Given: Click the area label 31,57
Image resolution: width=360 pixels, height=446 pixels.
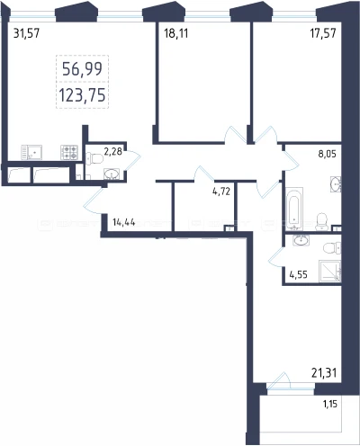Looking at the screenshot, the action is click(x=26, y=33).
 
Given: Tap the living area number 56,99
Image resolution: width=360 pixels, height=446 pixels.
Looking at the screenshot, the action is click(x=82, y=69).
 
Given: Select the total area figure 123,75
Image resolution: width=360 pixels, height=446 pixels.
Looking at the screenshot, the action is click(x=82, y=95).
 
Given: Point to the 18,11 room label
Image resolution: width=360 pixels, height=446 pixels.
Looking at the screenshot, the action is click(x=176, y=33).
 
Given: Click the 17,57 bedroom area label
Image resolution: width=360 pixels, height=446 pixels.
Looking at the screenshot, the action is click(x=323, y=33).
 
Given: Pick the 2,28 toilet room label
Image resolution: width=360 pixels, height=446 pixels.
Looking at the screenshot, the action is click(x=112, y=151).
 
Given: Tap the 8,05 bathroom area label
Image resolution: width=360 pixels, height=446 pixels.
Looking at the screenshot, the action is click(x=327, y=154).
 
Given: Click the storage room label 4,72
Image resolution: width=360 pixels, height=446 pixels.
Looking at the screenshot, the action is click(x=221, y=192).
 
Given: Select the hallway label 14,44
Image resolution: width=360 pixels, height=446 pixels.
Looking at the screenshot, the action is click(x=124, y=222).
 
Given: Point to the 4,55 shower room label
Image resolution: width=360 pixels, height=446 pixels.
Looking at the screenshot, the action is click(x=298, y=274).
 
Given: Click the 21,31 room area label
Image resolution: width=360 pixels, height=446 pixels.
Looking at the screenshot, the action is click(x=324, y=373).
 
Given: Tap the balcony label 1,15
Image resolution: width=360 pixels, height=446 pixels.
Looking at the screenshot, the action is click(x=330, y=404).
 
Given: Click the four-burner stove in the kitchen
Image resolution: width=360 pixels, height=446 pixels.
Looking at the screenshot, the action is click(x=69, y=152).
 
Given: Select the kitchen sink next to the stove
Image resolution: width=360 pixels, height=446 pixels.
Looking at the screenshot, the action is click(x=31, y=152).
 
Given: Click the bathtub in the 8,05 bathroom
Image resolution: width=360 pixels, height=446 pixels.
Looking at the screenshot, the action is click(x=294, y=209).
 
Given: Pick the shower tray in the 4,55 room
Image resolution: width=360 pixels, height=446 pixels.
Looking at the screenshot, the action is click(x=329, y=271).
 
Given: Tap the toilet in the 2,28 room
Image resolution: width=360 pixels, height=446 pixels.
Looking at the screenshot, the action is click(x=94, y=158).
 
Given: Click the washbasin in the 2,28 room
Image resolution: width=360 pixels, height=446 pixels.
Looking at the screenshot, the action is click(x=112, y=174).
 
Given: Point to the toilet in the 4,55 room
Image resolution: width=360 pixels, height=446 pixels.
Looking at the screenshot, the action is click(x=332, y=248).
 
